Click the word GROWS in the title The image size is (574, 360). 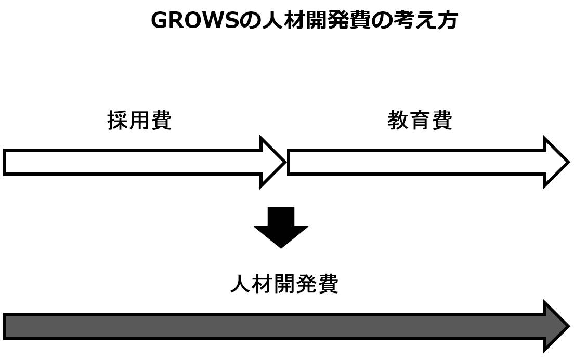[x=194, y=21]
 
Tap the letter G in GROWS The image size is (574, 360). [x=159, y=21]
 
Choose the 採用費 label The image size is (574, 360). [x=139, y=120]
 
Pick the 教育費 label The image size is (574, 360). [x=420, y=120]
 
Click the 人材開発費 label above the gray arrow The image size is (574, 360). [x=284, y=284]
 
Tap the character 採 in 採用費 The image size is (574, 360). [x=118, y=120]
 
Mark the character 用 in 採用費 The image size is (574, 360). [x=139, y=120]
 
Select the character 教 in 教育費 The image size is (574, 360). [x=398, y=120]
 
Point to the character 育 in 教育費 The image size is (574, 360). [x=420, y=120]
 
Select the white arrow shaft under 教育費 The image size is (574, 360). [x=416, y=162]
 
